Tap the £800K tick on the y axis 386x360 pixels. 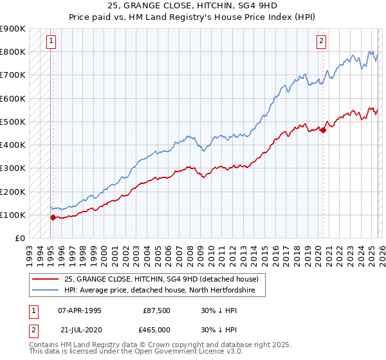point(13,51)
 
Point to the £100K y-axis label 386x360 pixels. point(13,215)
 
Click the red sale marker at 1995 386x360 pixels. point(53,217)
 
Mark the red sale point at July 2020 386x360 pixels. point(323,130)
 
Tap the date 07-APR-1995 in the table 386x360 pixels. point(80,310)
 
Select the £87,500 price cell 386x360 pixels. point(157,310)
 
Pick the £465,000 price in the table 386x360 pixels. point(157,330)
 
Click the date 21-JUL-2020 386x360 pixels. point(80,330)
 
